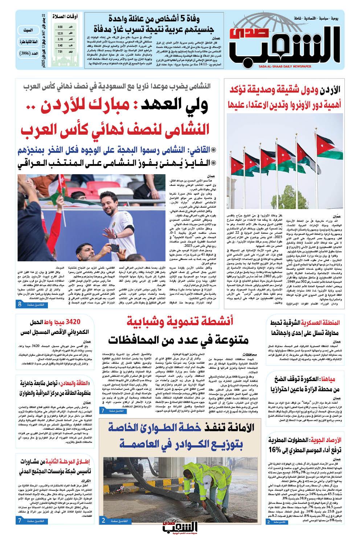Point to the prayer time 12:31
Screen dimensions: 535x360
point(60,33)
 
